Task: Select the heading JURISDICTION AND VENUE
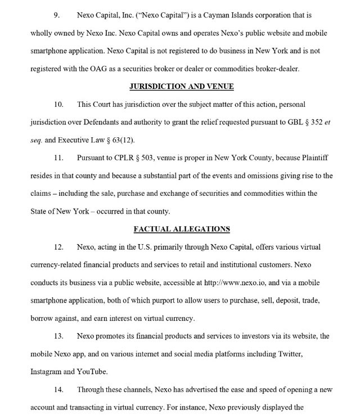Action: click(182, 86)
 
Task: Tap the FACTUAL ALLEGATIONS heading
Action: click(182, 229)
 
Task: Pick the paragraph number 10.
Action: click(58, 105)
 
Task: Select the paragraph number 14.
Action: click(58, 389)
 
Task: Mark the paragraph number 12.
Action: click(58, 247)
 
